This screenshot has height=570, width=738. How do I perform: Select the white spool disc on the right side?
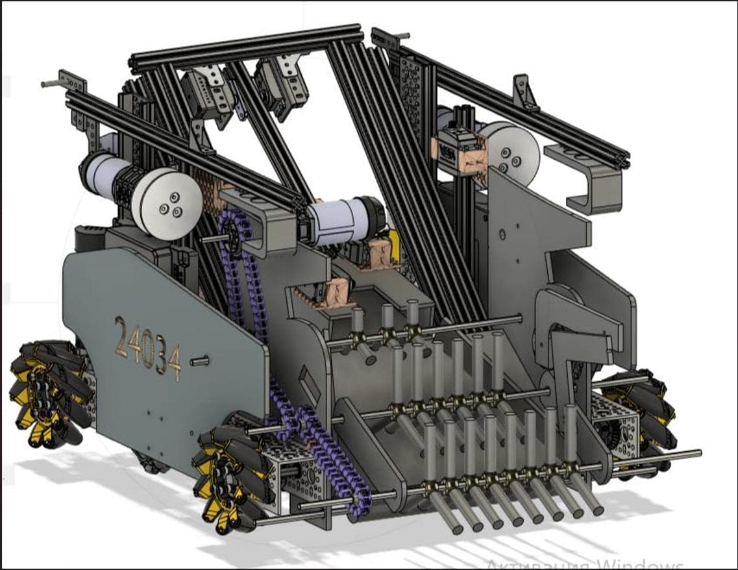point(513,151)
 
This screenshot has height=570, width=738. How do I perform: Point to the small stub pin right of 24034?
point(200,358)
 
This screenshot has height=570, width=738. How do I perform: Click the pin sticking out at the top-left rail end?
point(49,84)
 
